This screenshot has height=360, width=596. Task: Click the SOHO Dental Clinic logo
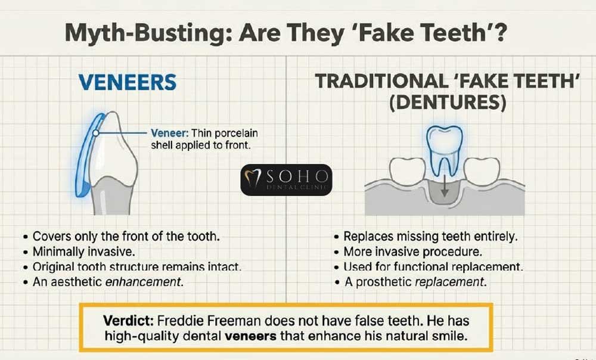286,179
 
